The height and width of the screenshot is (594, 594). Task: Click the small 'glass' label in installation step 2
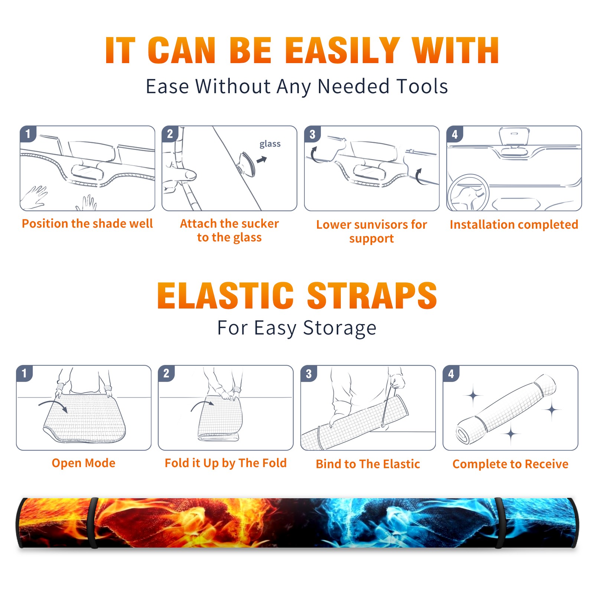270,144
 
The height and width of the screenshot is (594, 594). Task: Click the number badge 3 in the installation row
312,134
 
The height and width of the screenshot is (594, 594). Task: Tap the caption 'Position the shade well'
87,223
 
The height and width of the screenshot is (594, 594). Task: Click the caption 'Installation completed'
514,225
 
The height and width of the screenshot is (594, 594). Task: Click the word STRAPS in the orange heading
372,296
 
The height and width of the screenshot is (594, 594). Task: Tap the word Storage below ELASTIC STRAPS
340,329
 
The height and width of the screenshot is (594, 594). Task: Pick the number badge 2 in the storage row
166,373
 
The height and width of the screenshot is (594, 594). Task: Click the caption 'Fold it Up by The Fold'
226,463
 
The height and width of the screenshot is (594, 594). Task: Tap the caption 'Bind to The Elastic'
368,464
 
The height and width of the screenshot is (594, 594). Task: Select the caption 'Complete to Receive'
510,464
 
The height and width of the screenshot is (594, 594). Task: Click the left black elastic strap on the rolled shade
93,523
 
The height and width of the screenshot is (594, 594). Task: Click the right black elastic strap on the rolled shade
500,523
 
